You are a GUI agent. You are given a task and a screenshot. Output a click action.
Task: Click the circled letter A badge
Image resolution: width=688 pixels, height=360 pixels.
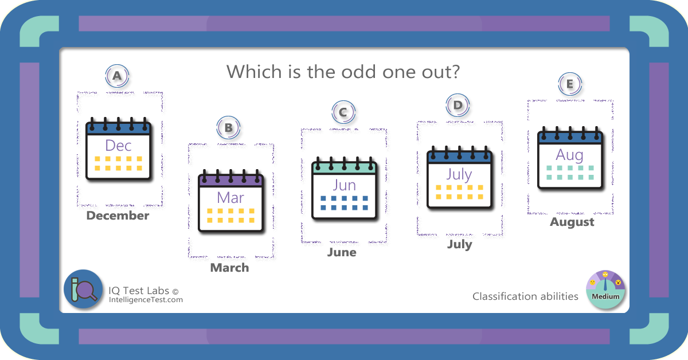coord(117,76)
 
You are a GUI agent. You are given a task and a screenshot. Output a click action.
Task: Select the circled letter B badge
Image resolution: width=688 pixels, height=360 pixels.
coord(228,128)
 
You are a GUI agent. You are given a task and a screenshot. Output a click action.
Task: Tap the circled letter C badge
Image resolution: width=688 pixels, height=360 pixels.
coord(343,112)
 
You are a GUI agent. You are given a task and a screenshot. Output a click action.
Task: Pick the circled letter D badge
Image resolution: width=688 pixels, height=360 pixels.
coord(458,105)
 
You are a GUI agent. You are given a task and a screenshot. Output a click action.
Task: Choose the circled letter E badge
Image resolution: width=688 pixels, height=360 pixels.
coord(570,84)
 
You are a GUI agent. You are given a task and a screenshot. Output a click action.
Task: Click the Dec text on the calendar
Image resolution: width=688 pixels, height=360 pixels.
coord(118,146)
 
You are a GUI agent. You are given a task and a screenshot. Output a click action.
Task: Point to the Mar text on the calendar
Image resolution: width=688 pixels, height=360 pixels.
coord(230,198)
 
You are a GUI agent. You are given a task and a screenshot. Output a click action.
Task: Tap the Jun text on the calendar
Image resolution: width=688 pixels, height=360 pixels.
coord(345,185)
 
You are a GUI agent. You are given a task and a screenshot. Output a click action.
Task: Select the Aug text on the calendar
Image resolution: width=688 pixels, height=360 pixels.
coord(569,155)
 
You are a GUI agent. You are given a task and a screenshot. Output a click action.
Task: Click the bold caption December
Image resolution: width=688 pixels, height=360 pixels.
coord(118,216)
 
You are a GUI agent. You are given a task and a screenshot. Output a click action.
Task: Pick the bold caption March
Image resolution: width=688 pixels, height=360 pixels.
coord(229,268)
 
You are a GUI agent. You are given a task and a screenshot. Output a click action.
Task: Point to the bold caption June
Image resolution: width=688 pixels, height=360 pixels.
coord(342,252)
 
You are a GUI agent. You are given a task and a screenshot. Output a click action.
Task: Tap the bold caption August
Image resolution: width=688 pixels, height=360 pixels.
coord(572,222)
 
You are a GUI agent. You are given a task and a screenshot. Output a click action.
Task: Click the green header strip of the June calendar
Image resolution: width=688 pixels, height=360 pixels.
coord(345,168)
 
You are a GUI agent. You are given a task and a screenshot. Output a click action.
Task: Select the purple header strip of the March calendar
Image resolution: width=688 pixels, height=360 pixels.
coord(230,181)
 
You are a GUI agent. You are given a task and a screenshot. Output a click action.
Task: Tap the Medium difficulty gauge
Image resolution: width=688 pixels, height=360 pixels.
coord(605,289)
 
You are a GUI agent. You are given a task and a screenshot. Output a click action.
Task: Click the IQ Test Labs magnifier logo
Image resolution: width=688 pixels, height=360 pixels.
coord(83,289)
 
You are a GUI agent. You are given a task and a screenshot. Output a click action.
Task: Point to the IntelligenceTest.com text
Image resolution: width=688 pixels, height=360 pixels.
coord(146,300)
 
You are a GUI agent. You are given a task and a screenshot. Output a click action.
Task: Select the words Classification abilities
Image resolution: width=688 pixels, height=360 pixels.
coord(525,296)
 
